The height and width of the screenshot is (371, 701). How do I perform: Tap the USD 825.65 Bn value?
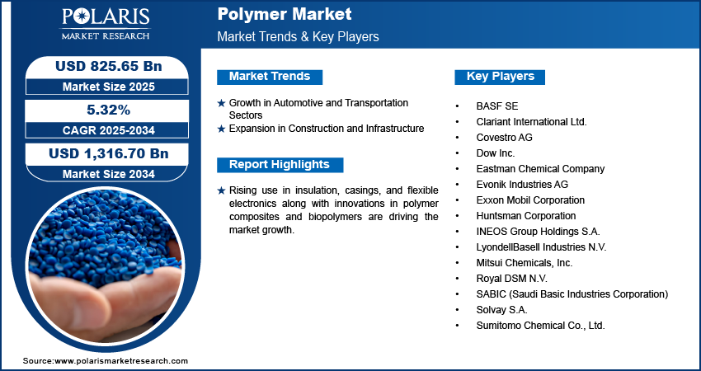click(x=109, y=66)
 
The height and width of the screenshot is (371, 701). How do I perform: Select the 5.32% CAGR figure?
click(x=109, y=110)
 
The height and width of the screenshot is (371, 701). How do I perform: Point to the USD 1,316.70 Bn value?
click(x=109, y=153)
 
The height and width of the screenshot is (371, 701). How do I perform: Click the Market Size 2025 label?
click(x=109, y=87)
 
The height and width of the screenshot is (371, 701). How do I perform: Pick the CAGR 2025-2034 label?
click(x=109, y=130)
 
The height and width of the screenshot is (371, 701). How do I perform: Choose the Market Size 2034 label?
click(x=109, y=174)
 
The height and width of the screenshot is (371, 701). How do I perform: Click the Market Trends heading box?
click(x=270, y=77)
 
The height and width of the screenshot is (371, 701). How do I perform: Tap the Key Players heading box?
click(x=501, y=77)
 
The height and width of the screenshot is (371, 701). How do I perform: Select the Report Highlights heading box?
click(x=280, y=164)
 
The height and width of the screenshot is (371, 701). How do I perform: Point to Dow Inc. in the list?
click(x=495, y=153)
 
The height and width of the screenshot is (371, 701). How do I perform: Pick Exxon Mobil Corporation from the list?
click(x=530, y=200)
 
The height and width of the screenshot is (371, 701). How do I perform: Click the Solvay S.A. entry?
click(x=501, y=310)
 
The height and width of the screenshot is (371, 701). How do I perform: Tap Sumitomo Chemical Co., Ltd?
click(x=541, y=326)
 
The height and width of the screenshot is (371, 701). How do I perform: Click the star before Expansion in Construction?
click(x=221, y=129)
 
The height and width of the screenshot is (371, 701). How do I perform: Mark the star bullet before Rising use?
click(x=221, y=190)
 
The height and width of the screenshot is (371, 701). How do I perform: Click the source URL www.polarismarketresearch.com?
click(x=121, y=361)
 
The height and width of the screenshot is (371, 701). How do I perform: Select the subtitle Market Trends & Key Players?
click(x=298, y=37)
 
